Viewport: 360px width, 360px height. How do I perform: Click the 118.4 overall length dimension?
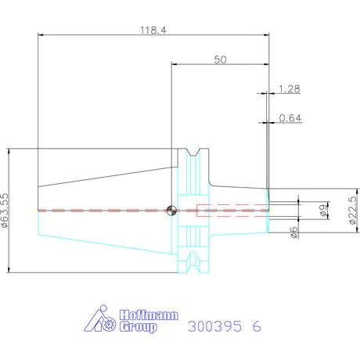(153, 30)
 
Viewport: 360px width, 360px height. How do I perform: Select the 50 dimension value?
(220, 59)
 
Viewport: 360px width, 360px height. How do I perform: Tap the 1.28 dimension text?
(290, 89)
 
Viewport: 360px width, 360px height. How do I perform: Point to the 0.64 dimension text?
(290, 118)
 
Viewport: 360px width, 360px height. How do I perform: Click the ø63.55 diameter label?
(5, 211)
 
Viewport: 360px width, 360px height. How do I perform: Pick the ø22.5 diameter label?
(352, 211)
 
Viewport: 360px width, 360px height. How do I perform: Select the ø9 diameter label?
(323, 211)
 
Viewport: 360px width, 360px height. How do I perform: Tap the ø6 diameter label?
(294, 232)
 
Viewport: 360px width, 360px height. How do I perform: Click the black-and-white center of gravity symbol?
(171, 211)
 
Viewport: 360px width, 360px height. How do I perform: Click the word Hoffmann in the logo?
(149, 315)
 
